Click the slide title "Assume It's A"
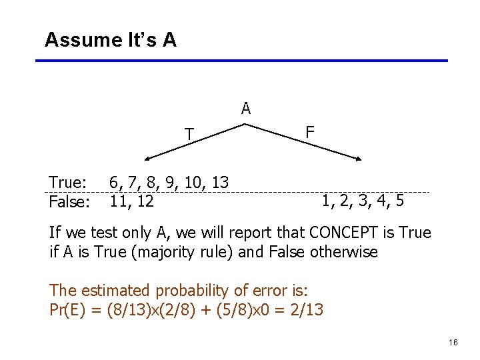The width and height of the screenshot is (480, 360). click(x=111, y=40)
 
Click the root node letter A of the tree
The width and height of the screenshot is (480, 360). click(x=246, y=109)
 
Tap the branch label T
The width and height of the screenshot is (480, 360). click(x=189, y=135)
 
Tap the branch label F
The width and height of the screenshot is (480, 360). click(x=310, y=132)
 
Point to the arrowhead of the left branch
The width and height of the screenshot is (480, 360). click(x=148, y=160)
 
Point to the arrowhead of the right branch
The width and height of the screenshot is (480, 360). click(x=359, y=160)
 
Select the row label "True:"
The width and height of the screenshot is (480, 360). click(x=68, y=183)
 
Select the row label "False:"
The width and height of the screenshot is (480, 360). click(x=70, y=201)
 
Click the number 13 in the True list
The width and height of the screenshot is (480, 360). click(x=219, y=182)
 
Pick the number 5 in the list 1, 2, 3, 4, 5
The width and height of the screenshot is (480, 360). click(x=398, y=201)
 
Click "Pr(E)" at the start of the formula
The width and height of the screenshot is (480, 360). click(x=65, y=310)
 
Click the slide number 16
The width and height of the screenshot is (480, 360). click(x=453, y=343)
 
